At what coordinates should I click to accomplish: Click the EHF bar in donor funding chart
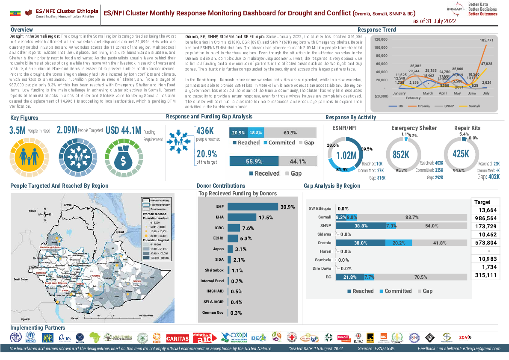[252, 207]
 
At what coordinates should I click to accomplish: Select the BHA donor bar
[242, 217]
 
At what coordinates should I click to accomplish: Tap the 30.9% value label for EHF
[287, 207]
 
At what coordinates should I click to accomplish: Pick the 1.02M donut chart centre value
[346, 155]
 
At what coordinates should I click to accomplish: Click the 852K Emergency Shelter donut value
[401, 155]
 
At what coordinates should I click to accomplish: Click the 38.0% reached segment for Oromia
[361, 243]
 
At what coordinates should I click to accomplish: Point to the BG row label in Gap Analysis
[328, 277]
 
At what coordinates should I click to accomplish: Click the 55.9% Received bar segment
[254, 161]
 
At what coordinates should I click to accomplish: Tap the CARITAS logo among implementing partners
[178, 338]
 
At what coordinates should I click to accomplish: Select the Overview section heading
[22, 30]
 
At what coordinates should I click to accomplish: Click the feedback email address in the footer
[469, 349]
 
